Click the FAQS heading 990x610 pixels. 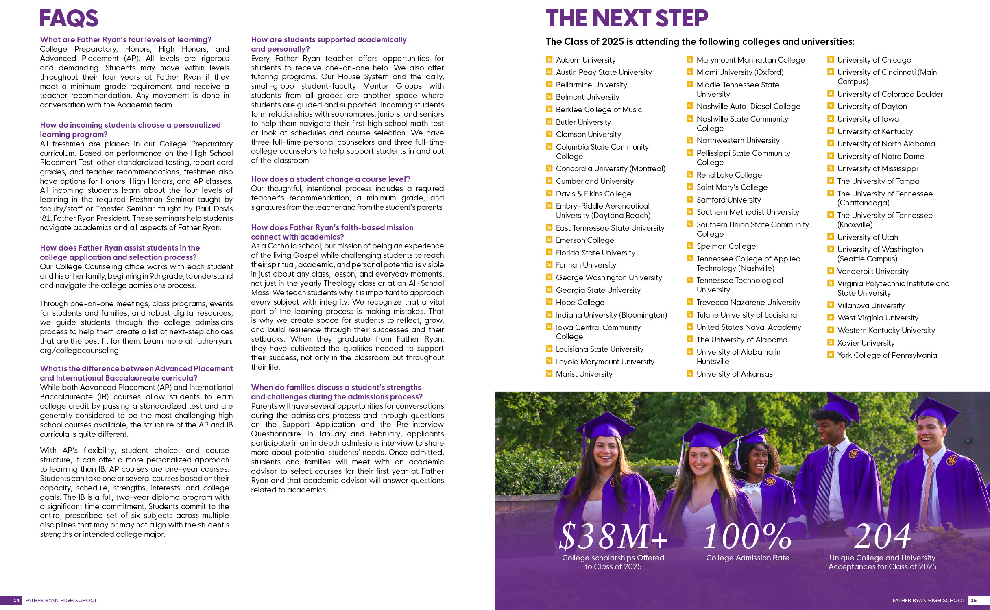click(69, 19)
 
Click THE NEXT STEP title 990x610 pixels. click(626, 19)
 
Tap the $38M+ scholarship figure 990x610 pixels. click(613, 536)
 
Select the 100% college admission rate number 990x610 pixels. click(747, 536)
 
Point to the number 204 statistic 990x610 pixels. click(882, 536)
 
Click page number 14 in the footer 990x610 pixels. click(16, 600)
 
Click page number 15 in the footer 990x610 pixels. click(973, 600)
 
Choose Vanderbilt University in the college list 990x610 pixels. click(872, 271)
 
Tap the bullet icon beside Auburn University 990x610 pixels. click(549, 59)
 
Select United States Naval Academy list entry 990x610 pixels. click(748, 327)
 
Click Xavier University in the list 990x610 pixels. click(866, 343)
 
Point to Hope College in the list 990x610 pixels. click(580, 302)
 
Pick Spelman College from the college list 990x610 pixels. click(726, 246)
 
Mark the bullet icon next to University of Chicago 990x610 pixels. click(831, 59)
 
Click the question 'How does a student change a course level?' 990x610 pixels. click(330, 179)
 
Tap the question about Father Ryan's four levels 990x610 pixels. click(126, 39)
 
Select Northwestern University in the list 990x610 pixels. click(738, 140)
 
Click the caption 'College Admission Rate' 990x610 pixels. click(748, 558)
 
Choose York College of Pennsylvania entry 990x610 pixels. click(887, 355)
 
